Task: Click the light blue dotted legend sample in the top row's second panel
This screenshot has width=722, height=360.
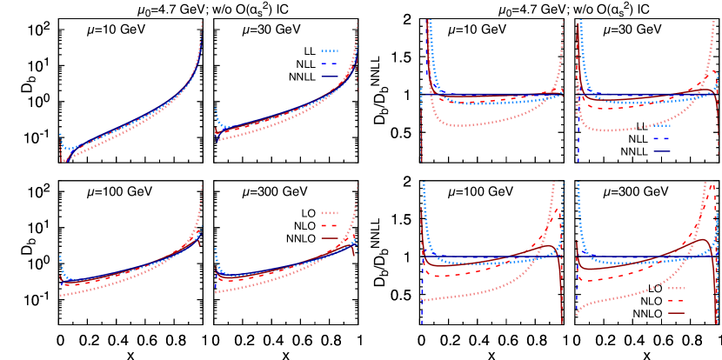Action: pos(329,50)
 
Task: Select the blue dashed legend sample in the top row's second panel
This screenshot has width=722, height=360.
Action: pos(329,63)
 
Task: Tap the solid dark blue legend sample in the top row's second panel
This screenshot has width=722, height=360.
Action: pos(329,77)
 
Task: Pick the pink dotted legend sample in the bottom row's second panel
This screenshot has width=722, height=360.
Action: pos(329,213)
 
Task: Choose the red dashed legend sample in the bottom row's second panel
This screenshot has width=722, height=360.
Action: pos(329,225)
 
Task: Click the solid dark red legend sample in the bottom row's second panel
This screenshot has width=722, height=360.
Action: pos(329,238)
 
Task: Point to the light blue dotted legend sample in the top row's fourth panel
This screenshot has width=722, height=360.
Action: pos(662,125)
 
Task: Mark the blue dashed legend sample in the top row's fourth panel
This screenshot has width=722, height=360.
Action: pos(662,138)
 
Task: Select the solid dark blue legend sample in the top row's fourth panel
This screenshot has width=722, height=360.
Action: pos(662,151)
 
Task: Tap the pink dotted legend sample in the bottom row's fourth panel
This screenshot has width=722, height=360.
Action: pos(676,288)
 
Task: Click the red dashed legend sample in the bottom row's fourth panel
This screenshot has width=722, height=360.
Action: pos(676,301)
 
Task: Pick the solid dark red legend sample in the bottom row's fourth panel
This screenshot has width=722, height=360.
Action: pos(676,313)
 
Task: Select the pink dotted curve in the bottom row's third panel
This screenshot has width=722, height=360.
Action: pos(487,290)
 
